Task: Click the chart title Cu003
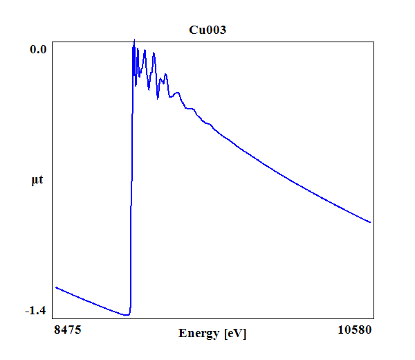coord(207,30)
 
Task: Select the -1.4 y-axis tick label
coord(35,311)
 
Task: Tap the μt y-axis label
coord(37,181)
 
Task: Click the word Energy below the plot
coord(200,334)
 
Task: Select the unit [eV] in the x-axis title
coord(235,334)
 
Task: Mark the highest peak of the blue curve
coord(134,40)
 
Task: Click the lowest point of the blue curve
coord(127,315)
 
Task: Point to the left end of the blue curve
coord(56,287)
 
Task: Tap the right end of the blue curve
coord(371,222)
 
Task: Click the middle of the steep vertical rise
coord(131,180)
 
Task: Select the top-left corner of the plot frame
coord(53,41)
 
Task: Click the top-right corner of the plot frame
coord(374,41)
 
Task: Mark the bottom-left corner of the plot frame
coord(53,318)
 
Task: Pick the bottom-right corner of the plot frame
coord(374,318)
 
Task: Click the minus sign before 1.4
coord(27,312)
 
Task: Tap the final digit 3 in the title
coord(222,30)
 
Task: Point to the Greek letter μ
coord(35,181)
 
